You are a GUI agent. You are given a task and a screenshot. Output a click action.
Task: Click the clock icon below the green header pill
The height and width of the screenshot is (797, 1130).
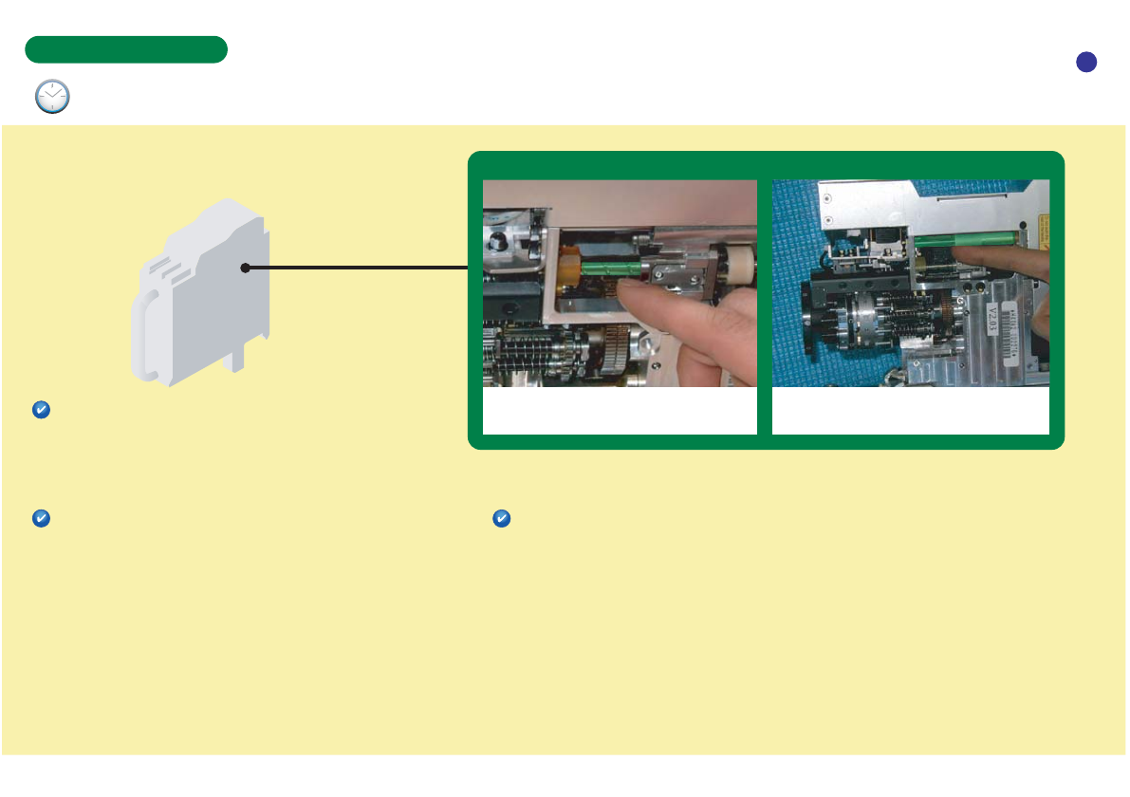point(52,97)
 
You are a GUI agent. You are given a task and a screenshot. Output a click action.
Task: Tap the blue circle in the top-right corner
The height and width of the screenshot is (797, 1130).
point(1086,62)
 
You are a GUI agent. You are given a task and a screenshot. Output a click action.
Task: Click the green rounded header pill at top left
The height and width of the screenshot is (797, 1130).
point(126,49)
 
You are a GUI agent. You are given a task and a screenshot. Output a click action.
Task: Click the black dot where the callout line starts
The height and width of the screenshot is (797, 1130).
point(245,269)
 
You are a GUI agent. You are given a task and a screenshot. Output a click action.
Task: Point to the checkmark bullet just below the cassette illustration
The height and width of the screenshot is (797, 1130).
point(41,410)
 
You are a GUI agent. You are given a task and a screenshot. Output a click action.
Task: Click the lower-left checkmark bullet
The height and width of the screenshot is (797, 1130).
point(41,519)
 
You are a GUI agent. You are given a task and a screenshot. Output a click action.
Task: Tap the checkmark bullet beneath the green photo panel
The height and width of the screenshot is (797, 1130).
point(502,519)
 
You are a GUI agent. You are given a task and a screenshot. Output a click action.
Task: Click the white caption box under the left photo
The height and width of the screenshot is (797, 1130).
point(620,411)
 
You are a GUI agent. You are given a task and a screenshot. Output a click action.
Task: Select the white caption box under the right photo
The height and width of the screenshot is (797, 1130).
point(911,411)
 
